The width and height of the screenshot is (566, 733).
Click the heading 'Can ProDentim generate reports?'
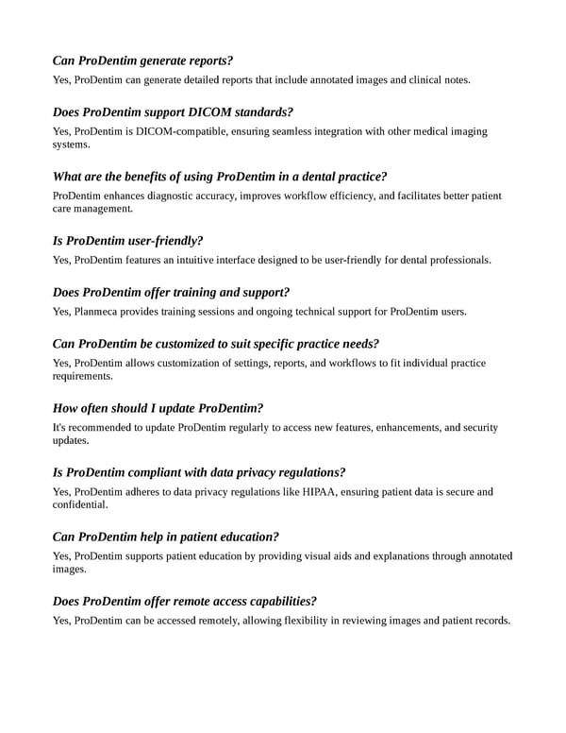[x=143, y=60]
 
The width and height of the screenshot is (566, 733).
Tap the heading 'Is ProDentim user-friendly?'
[x=128, y=240]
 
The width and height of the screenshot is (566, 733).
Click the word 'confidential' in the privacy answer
[x=79, y=505]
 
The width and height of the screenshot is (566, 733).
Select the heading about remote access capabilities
[x=185, y=601]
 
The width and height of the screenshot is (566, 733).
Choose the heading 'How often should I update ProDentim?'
[x=158, y=408]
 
